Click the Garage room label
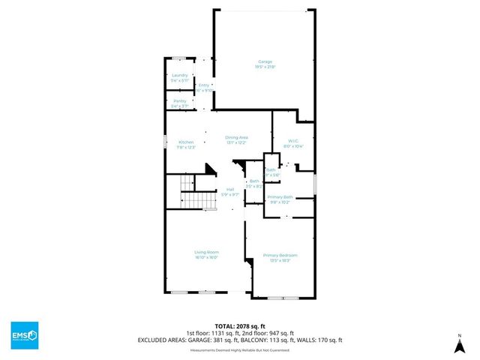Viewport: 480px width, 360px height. (x=265, y=61)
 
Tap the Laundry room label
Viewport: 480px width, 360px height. (x=179, y=75)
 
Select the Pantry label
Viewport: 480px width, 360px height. (x=179, y=100)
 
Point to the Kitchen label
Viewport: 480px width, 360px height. (x=186, y=142)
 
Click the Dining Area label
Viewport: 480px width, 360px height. (x=237, y=137)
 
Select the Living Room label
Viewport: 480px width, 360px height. (x=206, y=252)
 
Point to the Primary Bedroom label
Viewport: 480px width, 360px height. (x=280, y=256)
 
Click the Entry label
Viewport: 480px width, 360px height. (x=203, y=85)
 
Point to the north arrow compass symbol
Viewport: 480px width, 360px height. (x=459, y=344)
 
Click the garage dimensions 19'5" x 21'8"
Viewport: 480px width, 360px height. (x=265, y=67)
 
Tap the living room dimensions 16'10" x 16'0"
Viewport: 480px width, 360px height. (x=206, y=257)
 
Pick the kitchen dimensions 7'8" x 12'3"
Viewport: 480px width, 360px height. (x=186, y=147)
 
